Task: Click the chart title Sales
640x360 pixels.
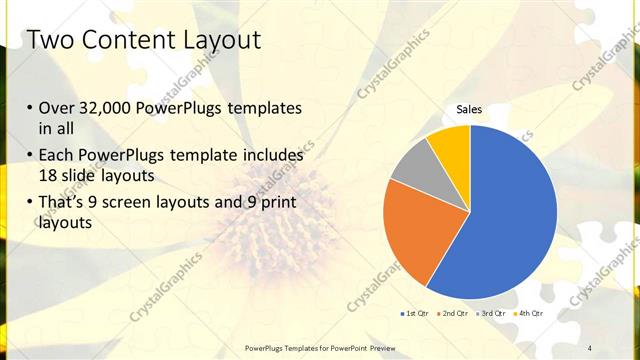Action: pos(469,109)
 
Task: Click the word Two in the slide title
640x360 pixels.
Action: pos(51,41)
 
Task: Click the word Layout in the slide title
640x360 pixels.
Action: pos(219,41)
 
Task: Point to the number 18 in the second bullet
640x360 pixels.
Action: pos(49,176)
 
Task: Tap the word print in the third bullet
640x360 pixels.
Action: pos(278,203)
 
